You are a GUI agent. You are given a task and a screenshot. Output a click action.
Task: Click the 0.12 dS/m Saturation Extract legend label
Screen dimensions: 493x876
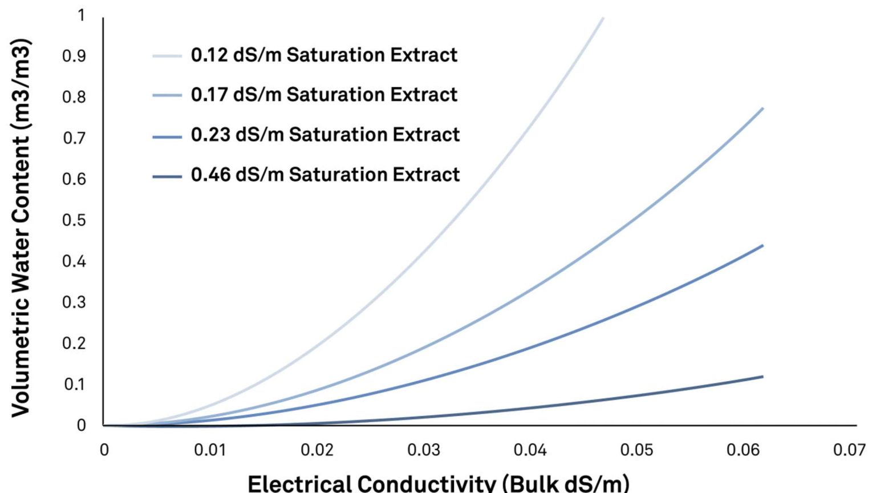[x=324, y=55]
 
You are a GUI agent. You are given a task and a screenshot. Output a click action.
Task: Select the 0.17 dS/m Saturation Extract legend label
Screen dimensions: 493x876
[x=324, y=95]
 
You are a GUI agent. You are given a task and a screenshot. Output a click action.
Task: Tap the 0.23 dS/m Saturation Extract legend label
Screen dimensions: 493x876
[x=325, y=135]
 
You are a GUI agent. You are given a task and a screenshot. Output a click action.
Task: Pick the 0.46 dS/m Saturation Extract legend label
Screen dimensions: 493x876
[x=325, y=175]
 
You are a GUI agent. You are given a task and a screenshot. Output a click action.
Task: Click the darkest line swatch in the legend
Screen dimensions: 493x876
[x=167, y=176]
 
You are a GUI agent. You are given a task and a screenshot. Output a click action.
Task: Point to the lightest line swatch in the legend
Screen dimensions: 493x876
[x=167, y=56]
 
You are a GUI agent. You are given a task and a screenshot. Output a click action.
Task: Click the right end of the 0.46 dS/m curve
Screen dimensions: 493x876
[x=763, y=377]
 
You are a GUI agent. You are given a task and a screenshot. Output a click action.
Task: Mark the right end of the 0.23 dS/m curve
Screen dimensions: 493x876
[x=763, y=246]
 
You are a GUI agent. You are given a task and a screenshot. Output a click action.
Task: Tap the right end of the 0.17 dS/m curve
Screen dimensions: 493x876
[x=763, y=108]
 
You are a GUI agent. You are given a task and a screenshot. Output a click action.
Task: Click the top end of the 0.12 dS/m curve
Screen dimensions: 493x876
[x=603, y=19]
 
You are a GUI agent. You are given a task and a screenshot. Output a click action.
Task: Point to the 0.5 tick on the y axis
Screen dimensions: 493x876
[x=74, y=220]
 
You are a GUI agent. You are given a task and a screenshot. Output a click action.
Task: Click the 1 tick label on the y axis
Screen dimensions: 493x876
[x=81, y=15]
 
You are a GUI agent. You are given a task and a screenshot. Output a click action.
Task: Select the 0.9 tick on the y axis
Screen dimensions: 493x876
[x=74, y=56]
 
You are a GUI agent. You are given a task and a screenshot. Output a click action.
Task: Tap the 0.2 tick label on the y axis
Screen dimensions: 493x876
[x=74, y=344]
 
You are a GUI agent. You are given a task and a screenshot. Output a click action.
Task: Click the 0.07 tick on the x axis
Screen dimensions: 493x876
[x=849, y=450]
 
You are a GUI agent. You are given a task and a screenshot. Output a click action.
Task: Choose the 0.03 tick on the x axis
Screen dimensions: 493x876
[x=423, y=450]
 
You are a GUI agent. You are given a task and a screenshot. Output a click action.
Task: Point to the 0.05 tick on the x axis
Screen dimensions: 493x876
[x=636, y=450]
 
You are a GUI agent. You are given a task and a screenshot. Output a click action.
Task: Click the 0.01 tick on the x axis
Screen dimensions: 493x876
[x=210, y=450]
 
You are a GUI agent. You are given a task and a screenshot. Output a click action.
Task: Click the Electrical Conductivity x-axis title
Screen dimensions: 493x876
[x=438, y=483]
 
